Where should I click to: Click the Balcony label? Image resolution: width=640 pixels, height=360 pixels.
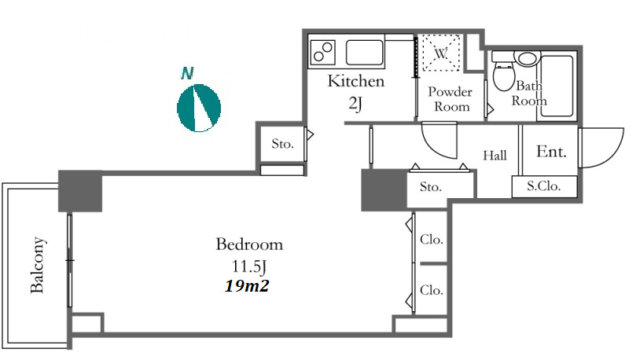[37, 265]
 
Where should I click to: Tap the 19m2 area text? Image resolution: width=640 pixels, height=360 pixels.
[247, 286]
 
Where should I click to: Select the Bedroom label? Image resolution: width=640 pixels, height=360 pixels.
[249, 244]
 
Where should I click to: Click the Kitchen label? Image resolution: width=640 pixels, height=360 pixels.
[356, 81]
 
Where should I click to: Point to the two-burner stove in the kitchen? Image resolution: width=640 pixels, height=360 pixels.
[323, 52]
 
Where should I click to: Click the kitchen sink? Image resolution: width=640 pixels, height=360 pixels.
[365, 52]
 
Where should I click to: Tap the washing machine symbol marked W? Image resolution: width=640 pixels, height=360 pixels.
[441, 53]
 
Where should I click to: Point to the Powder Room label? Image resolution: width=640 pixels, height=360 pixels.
[451, 99]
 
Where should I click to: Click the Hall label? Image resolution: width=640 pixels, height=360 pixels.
[495, 156]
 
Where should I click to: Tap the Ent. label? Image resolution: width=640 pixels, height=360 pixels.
[551, 152]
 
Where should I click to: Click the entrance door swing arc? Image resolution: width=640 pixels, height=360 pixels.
[612, 154]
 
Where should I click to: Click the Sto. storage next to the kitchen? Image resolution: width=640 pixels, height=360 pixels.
[282, 144]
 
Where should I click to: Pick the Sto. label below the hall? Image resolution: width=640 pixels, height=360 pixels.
[431, 187]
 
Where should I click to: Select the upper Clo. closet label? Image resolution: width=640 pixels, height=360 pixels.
[432, 239]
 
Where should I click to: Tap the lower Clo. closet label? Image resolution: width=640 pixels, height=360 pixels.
[432, 290]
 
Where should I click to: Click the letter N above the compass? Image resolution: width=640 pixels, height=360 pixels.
[187, 73]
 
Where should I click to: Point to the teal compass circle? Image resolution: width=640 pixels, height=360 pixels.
[199, 108]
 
